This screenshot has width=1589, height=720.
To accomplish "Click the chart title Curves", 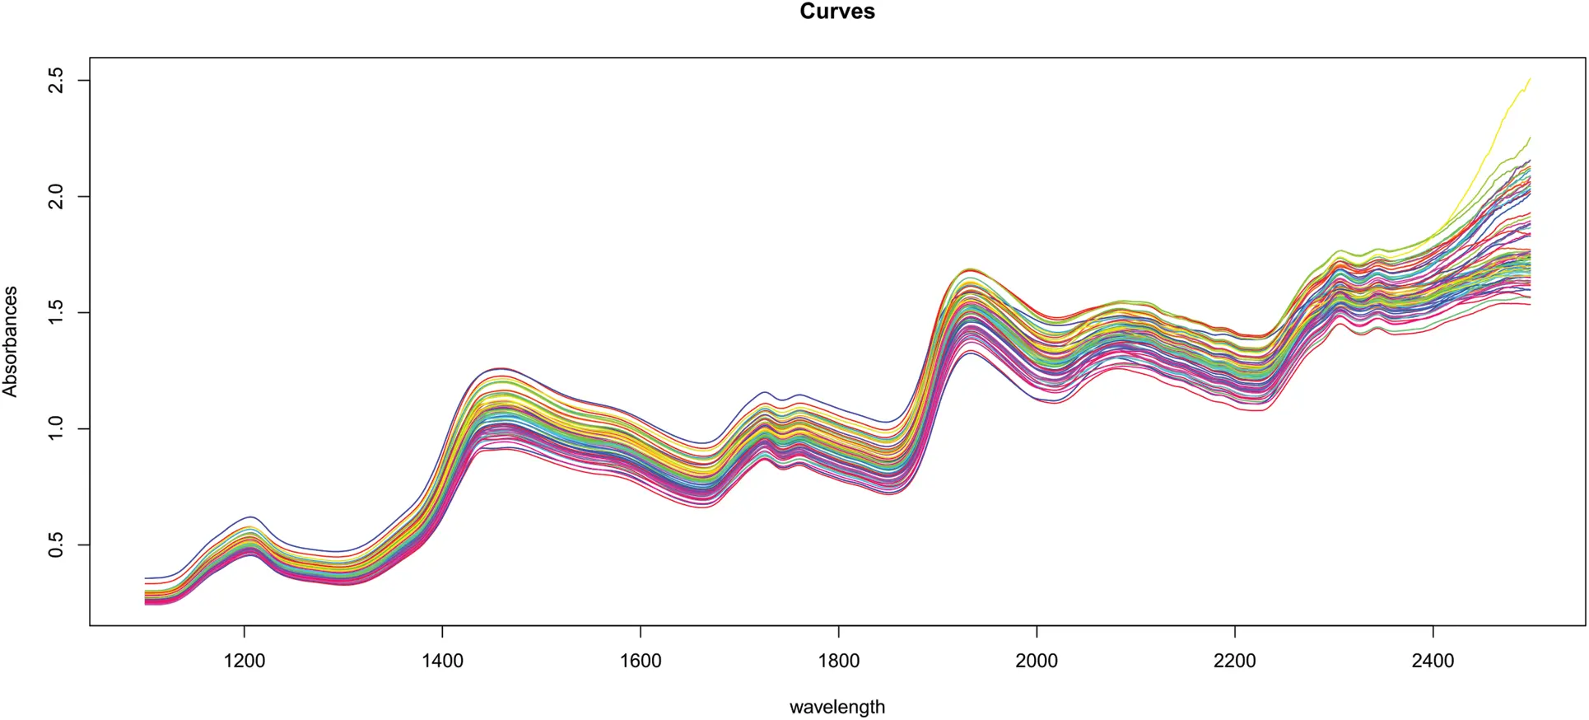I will [836, 12].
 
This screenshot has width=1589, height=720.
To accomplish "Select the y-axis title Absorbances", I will [11, 341].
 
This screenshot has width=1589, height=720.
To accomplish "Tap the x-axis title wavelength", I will [836, 707].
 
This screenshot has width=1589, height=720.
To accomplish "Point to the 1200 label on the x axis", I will [244, 661].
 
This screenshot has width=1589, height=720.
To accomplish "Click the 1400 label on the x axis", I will [442, 661].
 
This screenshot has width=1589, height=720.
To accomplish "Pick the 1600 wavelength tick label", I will [641, 661].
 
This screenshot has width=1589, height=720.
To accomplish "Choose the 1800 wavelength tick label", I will [838, 661].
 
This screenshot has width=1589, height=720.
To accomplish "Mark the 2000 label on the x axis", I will [1037, 661].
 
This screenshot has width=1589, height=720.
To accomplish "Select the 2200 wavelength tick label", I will [1235, 661].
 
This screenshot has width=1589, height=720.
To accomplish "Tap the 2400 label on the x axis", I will [1433, 661].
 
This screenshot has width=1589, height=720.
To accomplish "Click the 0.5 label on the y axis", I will [56, 545].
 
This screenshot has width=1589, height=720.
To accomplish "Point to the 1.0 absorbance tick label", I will [56, 428].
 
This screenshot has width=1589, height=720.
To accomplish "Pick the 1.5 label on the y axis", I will [56, 312].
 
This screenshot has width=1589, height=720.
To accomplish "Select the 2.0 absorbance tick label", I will [56, 196].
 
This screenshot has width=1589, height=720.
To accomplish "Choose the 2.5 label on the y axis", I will [56, 80].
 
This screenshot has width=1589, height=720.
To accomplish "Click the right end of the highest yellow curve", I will [1529, 79].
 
